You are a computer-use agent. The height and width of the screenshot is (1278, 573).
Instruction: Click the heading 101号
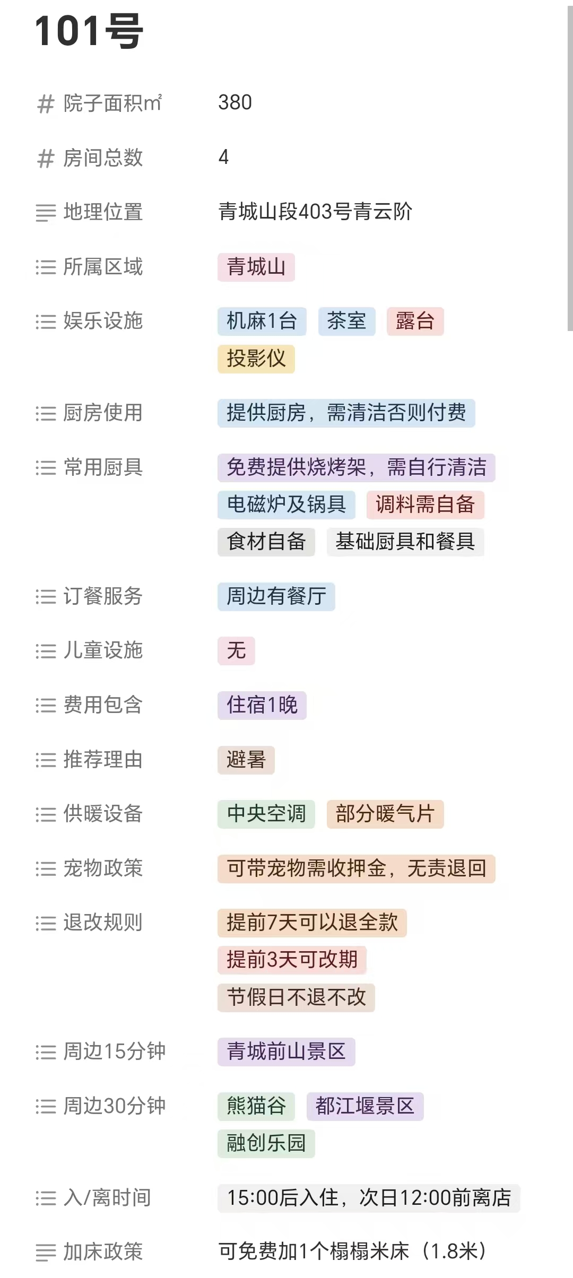(89, 31)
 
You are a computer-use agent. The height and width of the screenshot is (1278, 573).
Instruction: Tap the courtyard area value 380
(235, 102)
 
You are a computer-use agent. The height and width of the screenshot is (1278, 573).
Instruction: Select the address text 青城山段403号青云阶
(315, 212)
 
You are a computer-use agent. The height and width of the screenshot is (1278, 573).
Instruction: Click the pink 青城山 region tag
(256, 267)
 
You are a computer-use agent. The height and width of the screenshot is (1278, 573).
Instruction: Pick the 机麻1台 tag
(262, 321)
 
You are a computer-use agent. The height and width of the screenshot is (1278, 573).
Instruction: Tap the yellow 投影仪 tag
(256, 359)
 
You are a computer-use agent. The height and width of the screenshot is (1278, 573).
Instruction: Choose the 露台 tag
(415, 321)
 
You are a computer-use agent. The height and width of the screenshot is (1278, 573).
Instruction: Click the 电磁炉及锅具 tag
(286, 504)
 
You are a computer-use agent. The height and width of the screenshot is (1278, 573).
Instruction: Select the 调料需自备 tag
(425, 504)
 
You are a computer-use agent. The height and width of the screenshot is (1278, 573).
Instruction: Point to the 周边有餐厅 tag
(276, 596)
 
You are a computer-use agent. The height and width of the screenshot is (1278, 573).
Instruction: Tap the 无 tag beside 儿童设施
(236, 650)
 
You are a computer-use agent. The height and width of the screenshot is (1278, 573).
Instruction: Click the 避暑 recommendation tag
(246, 760)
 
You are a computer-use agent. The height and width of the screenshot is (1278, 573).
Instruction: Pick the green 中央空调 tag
(266, 814)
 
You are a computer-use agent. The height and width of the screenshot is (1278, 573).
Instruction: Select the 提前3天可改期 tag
(292, 960)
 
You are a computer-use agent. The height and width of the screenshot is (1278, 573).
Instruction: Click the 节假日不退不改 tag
(296, 997)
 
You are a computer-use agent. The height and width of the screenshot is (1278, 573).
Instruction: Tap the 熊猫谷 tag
(256, 1106)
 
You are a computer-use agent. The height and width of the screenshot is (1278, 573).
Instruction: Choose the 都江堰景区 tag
(365, 1106)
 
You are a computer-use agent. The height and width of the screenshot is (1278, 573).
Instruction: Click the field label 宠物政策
(103, 868)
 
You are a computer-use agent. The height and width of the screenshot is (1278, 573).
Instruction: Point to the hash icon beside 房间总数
(46, 158)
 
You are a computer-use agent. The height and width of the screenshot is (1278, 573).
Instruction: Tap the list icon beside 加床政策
(46, 1253)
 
